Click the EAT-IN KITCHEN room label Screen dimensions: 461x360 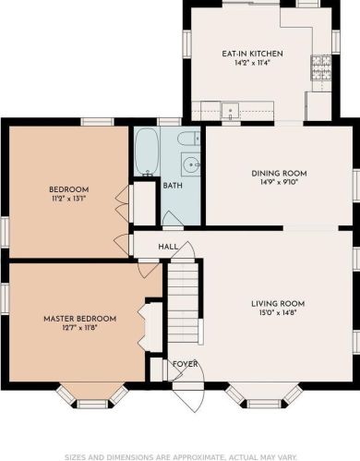pos(252,54)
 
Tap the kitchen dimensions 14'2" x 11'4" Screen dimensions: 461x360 pos(252,65)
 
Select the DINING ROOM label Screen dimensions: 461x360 pos(279,173)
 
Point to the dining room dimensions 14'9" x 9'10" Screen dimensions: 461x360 pos(279,183)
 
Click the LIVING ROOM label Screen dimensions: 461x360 pos(278,303)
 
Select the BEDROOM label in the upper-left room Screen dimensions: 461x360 pos(68,190)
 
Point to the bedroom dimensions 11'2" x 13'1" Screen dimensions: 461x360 pos(68,200)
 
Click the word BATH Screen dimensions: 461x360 pos(172,186)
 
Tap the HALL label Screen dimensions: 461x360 pos(168,247)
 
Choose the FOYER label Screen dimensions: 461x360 pos(185,363)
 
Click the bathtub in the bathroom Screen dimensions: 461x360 pos(146,152)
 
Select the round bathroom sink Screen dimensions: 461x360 pos(191,165)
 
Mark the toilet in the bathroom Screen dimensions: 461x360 pos(188,140)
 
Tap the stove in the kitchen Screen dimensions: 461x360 pos(320,65)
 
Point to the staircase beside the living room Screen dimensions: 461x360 pos(183,305)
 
